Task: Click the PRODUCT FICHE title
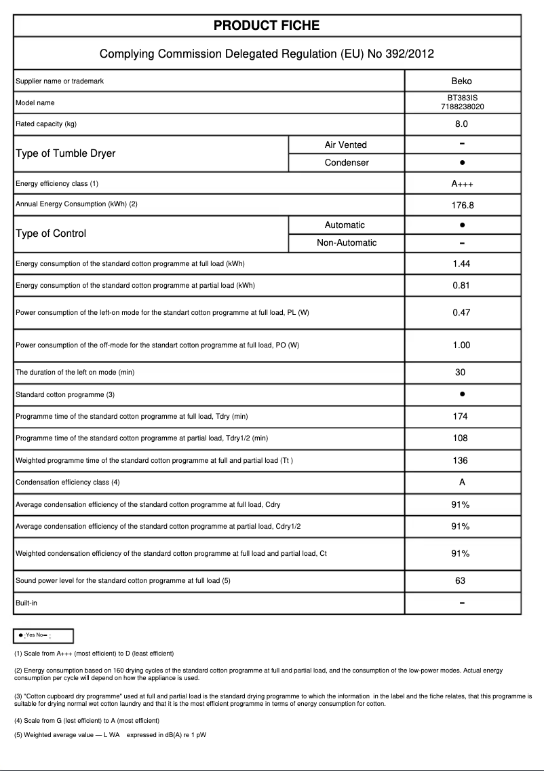267,26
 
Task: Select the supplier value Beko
461,81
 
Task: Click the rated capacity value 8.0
461,124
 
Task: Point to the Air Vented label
346,145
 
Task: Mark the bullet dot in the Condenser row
462,163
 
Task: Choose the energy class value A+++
461,184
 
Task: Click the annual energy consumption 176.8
461,204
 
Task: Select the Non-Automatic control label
347,243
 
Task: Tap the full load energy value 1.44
461,264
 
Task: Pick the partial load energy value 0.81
461,286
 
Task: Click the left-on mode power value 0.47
461,313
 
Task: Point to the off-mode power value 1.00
461,345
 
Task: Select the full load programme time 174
461,417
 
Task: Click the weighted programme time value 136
461,461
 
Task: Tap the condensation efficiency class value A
461,483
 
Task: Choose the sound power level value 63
461,581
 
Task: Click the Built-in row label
28,603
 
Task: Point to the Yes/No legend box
43,635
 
